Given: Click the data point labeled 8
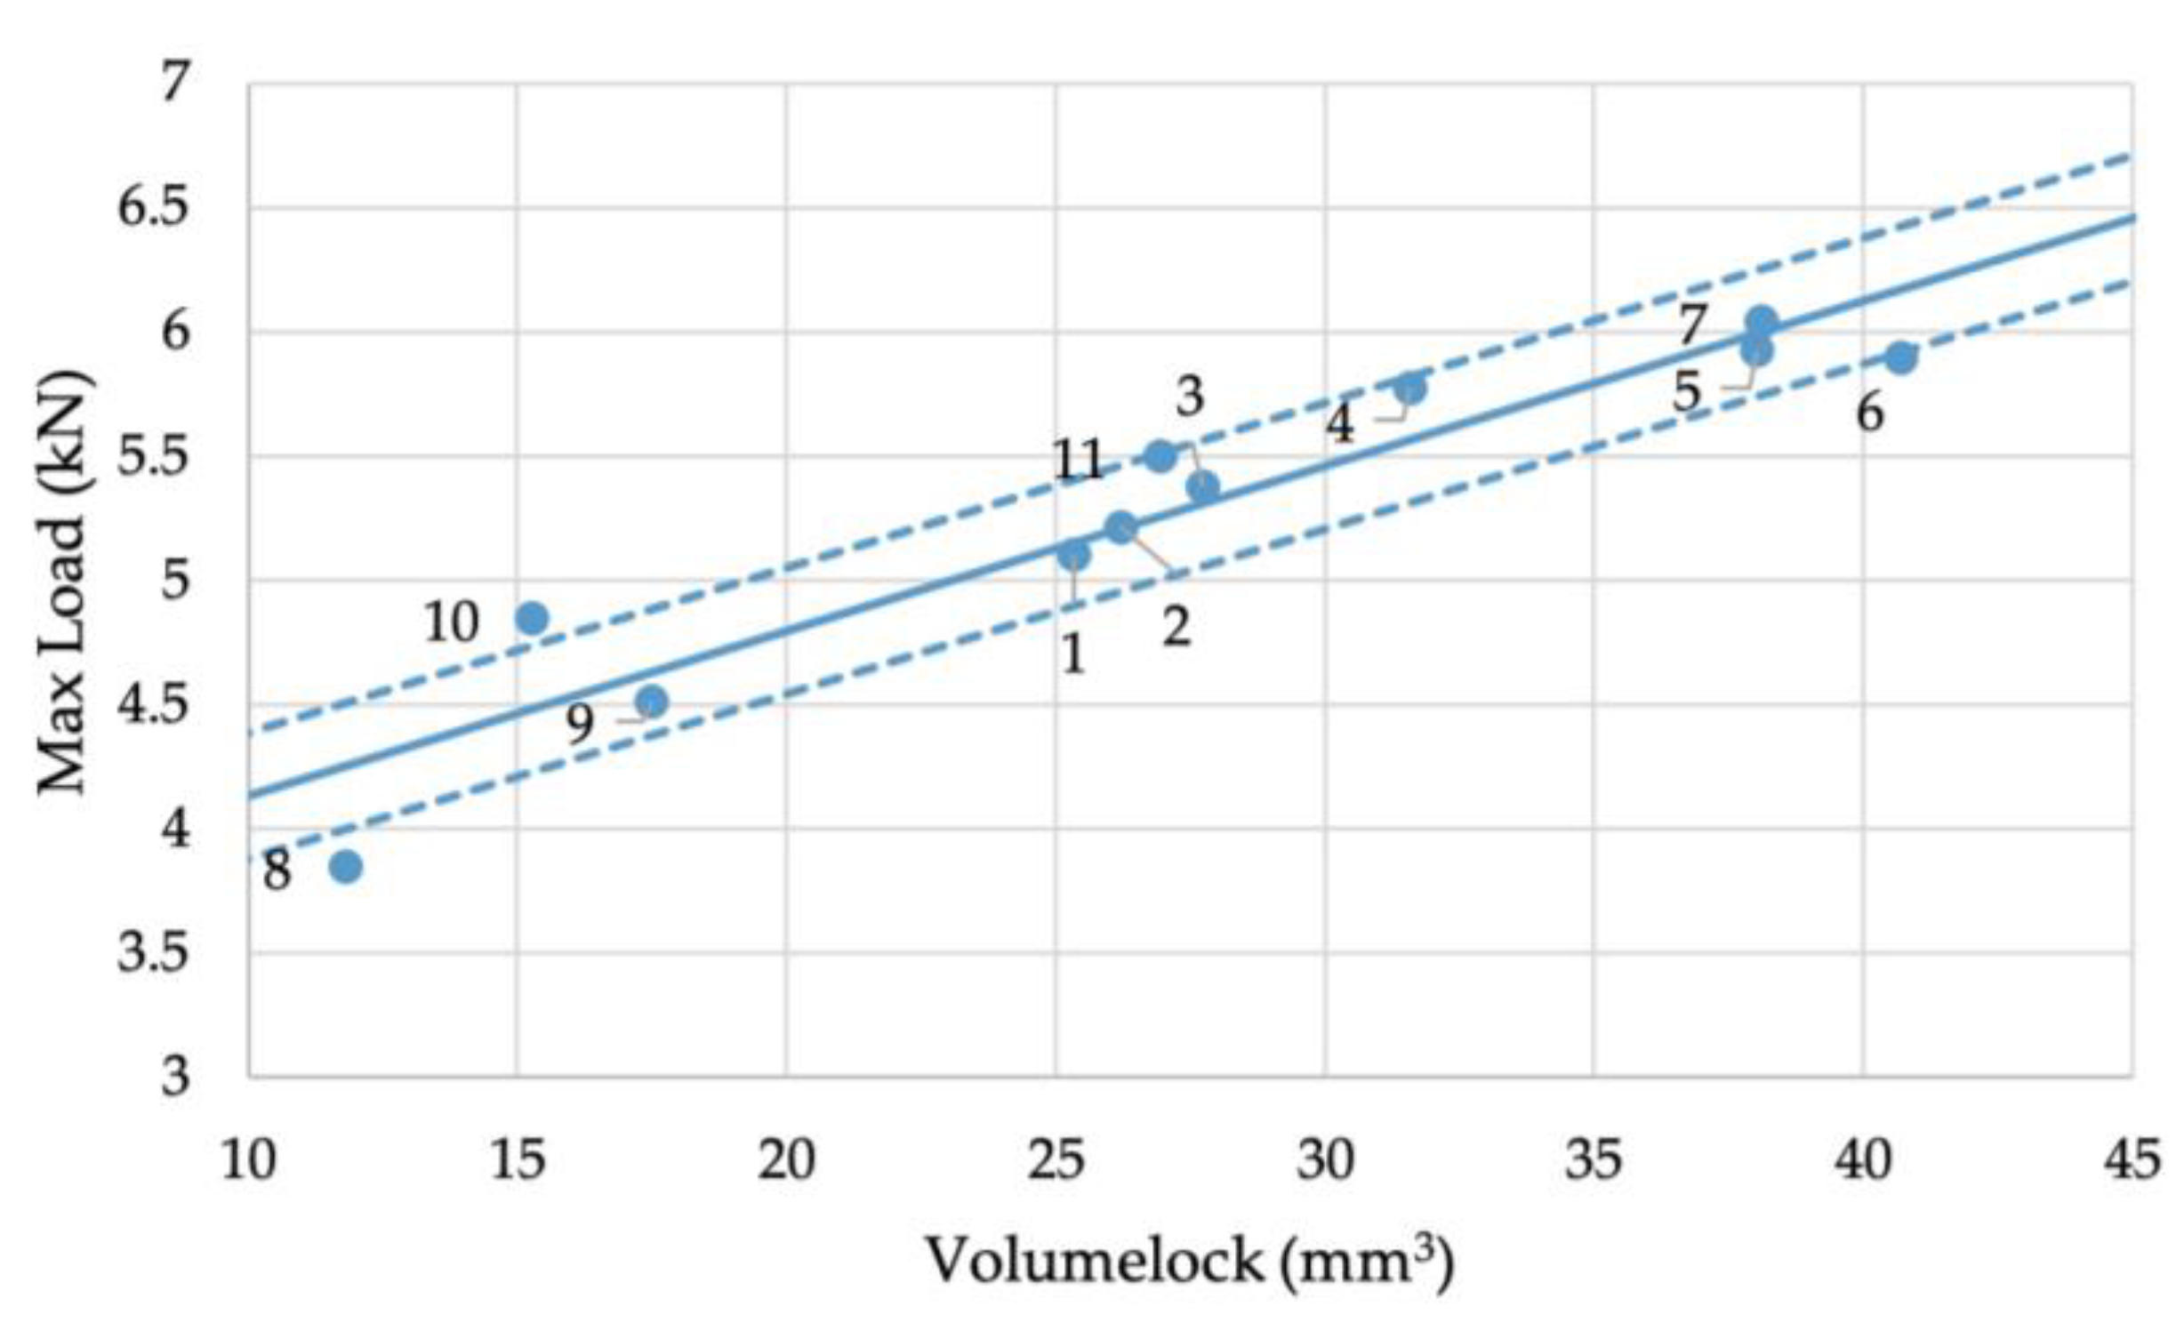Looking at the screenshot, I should coord(345,866).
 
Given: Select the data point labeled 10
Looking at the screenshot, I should coord(532,617).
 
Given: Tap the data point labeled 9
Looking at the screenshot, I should coord(652,702).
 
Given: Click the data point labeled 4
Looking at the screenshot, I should coord(1410,388).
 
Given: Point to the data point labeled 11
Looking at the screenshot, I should coord(1160,456).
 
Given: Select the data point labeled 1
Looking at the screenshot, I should coord(1074,555).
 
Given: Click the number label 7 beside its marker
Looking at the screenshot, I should coord(1692,326).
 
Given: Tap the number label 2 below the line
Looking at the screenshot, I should coord(1176,628).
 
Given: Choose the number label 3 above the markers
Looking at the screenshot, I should coord(1190,397).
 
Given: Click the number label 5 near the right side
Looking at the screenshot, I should coord(1686,392).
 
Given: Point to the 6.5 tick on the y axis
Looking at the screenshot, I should coord(154,208).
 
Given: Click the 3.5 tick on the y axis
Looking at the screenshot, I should coord(154,952).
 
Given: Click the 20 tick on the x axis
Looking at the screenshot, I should coord(786,1160).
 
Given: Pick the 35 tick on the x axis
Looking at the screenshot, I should coord(1593,1160).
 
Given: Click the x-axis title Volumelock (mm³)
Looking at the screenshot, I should coord(1190,1261).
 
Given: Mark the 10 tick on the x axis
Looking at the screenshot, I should coord(248,1160).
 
